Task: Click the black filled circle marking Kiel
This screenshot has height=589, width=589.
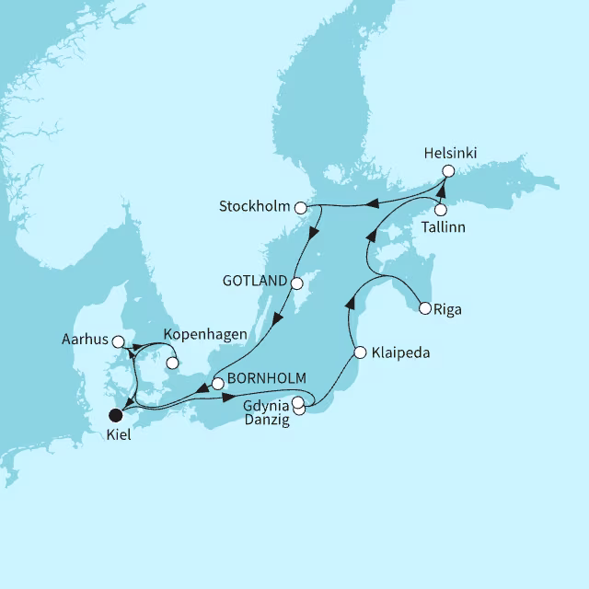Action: [115, 414]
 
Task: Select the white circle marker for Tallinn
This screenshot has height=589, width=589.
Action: [440, 210]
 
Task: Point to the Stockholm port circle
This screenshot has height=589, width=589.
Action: [300, 208]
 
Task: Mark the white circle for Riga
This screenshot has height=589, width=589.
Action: [424, 309]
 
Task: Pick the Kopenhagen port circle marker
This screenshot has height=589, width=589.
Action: [171, 363]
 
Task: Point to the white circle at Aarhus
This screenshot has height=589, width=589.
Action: [118, 341]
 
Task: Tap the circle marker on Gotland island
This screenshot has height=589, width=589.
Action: [297, 283]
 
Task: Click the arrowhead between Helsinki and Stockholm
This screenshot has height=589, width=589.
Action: [373, 202]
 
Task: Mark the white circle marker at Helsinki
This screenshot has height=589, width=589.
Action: [448, 171]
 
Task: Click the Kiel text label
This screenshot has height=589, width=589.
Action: [117, 434]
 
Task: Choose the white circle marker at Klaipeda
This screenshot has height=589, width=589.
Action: [361, 352]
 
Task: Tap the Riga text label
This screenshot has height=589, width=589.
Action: [449, 310]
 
